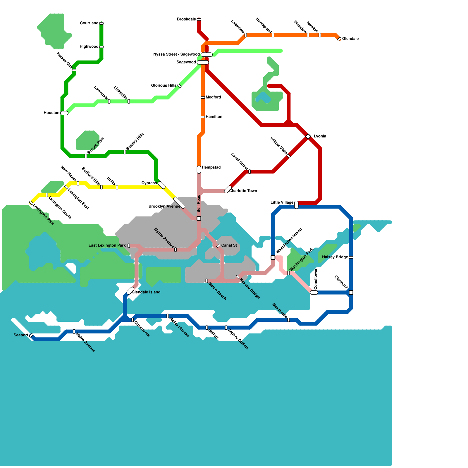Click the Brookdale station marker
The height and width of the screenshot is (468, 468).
[x=199, y=19]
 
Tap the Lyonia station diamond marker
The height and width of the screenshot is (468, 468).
[x=308, y=136]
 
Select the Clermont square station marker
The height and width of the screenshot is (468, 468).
[x=351, y=292]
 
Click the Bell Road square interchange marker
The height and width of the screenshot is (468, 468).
[x=199, y=218]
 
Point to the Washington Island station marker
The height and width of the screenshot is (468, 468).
[x=273, y=257]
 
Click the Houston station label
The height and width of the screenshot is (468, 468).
[x=51, y=113]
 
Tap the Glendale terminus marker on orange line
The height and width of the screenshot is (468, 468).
[x=339, y=39]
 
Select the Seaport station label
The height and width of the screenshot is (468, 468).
[x=21, y=335]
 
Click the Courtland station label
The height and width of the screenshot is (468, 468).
[x=89, y=23]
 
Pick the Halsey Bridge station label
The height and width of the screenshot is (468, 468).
[x=335, y=257]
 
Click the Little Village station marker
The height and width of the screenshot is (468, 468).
[x=296, y=205]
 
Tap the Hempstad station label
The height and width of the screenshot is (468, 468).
[x=211, y=168]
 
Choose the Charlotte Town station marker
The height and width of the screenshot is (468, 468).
[x=228, y=189]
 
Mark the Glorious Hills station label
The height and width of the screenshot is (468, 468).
[x=164, y=86]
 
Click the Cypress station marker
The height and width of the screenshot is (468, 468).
[x=161, y=185]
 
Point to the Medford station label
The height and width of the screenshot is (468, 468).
[x=213, y=97]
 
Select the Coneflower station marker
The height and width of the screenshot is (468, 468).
[x=314, y=292]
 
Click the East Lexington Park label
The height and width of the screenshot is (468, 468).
[x=107, y=246]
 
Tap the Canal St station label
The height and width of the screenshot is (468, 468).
[x=229, y=245]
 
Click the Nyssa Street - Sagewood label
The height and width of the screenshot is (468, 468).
[x=176, y=54]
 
